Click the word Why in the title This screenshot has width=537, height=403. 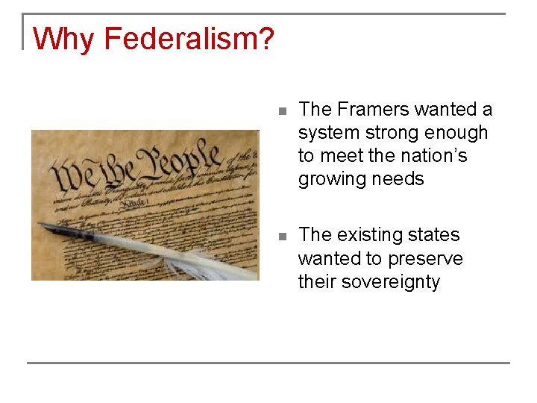[x=65, y=39]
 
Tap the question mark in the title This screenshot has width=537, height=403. [x=267, y=39]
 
